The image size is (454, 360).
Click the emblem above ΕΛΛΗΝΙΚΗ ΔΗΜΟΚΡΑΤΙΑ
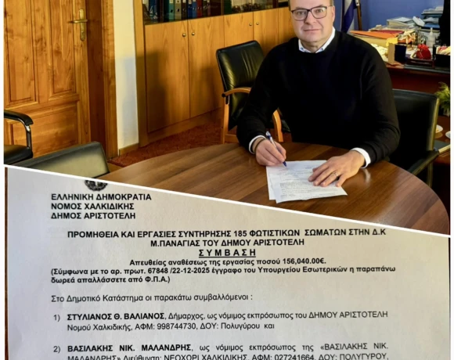(96, 185)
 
